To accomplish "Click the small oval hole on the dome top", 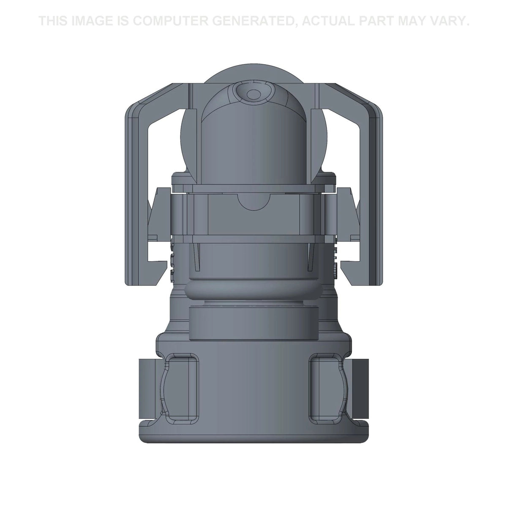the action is click(253, 94).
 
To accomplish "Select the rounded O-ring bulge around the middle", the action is click(253, 292).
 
